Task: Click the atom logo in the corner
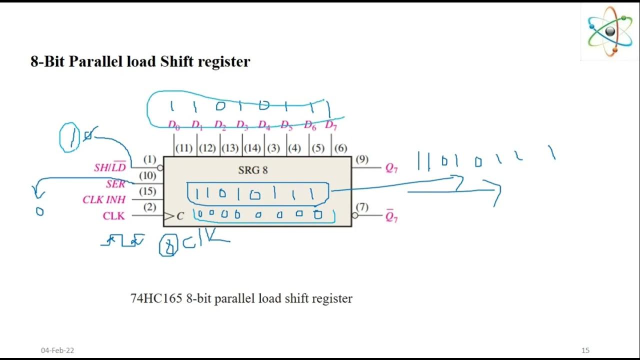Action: (610, 31)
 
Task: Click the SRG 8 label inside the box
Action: (252, 170)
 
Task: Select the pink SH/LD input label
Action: (110, 167)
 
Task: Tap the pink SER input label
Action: (115, 184)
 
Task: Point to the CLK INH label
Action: (104, 200)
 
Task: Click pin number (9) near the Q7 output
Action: (362, 159)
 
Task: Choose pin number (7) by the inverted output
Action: (362, 207)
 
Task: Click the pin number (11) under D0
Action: (184, 148)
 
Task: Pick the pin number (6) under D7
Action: (340, 148)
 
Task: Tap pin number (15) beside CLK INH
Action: (147, 191)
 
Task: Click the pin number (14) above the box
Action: (252, 148)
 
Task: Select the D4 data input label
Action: (263, 125)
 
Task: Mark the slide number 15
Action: (585, 350)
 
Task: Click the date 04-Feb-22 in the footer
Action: (57, 350)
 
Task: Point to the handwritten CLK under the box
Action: (205, 240)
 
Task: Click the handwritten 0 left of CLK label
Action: (39, 211)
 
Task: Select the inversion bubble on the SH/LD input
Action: (160, 168)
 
